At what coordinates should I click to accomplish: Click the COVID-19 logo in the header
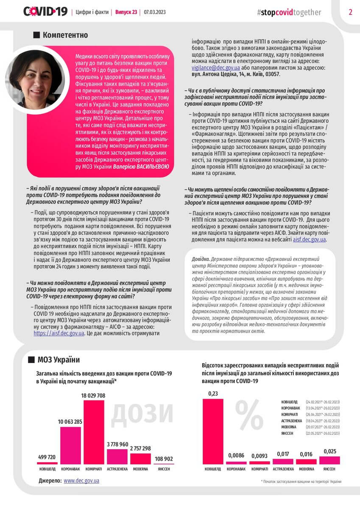tap(45, 11)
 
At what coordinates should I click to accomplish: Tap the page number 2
tap(351, 12)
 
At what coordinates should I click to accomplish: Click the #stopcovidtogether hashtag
tap(289, 12)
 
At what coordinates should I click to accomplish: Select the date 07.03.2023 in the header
tap(155, 12)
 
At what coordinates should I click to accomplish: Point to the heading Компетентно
tap(65, 35)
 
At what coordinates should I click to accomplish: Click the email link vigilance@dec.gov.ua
tap(216, 68)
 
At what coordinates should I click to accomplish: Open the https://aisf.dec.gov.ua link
tap(59, 333)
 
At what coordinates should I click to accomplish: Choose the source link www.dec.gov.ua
tap(81, 481)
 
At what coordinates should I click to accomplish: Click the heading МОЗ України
tap(59, 360)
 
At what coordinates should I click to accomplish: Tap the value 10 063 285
tap(70, 422)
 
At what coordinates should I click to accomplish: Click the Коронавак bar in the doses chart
tap(70, 445)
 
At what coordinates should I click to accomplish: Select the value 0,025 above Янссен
tap(329, 452)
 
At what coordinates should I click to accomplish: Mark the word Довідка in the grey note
tap(200, 258)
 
